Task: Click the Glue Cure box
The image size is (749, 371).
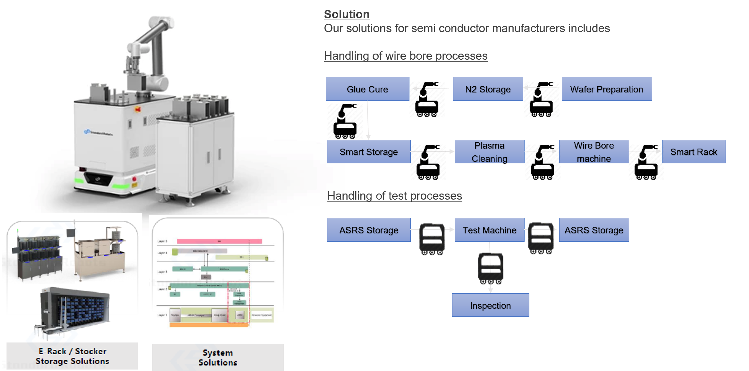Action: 367,89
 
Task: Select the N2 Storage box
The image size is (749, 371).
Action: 488,89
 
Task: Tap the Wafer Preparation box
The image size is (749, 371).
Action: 606,89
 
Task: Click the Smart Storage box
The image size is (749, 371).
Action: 368,152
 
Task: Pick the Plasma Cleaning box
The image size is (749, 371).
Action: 489,152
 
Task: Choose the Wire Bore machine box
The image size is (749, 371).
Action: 594,152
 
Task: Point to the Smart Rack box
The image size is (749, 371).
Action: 694,152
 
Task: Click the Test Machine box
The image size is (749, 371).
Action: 489,230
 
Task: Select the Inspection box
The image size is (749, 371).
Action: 490,305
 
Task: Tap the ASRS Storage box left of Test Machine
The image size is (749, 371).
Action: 368,230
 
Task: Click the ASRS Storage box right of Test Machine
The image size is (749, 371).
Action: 594,230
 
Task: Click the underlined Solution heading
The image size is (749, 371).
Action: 347,14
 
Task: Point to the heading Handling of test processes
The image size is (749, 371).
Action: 394,196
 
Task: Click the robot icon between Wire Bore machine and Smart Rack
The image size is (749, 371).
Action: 646,162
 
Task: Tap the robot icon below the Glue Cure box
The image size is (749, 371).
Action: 345,121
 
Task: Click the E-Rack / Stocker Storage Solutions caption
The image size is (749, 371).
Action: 72,356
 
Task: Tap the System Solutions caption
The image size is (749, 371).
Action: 218,358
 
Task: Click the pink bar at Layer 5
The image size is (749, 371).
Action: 219,241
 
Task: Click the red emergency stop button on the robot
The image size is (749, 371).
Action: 138,109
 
